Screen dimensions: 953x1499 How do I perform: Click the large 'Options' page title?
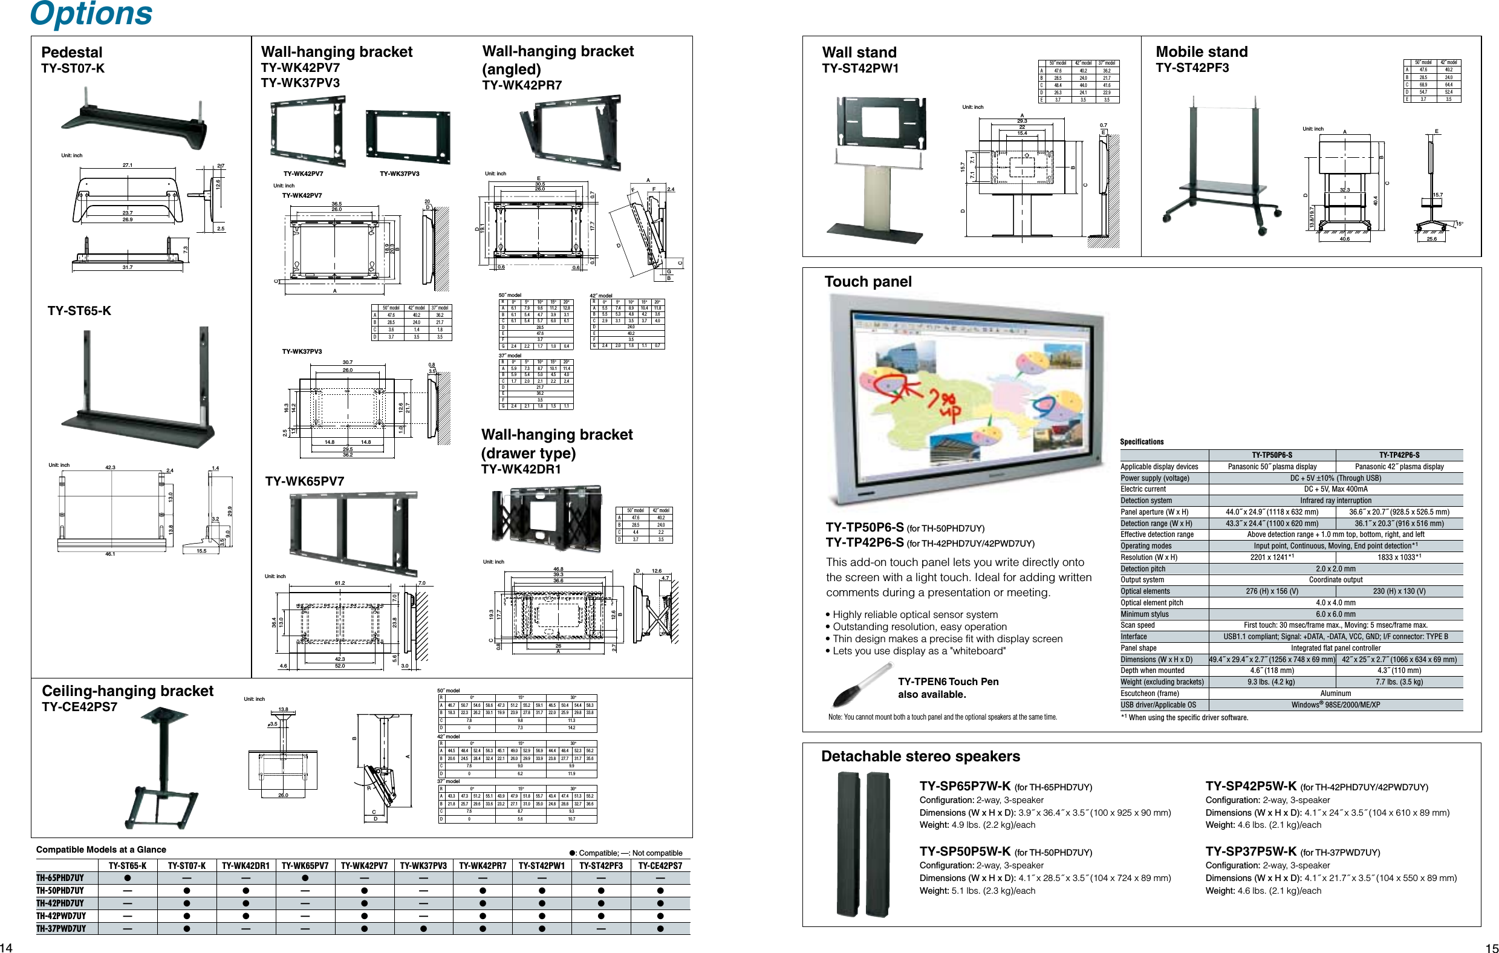click(91, 14)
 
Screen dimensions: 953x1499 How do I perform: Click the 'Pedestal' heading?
click(71, 52)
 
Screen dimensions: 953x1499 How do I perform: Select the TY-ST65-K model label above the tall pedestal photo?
click(79, 311)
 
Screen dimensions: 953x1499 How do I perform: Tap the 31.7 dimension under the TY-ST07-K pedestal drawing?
click(128, 267)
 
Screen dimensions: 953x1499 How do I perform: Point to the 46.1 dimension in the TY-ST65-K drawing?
click(110, 553)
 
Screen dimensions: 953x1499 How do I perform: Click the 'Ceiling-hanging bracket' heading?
click(127, 691)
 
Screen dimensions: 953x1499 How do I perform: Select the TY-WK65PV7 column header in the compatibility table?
click(304, 866)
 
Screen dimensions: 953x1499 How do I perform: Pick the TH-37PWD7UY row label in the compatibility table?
click(61, 929)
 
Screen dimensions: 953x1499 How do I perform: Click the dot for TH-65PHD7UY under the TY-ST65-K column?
click(127, 878)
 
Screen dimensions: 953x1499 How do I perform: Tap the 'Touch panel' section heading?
click(868, 282)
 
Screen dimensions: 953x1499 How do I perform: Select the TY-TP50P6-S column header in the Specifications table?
click(1272, 455)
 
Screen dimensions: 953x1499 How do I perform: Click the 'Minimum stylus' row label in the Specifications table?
click(1144, 614)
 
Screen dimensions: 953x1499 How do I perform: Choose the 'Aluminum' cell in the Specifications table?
click(1335, 694)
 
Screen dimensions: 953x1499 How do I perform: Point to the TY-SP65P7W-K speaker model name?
click(965, 786)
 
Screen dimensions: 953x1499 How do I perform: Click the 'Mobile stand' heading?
click(1201, 51)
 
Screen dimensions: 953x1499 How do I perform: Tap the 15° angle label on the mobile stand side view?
click(1459, 224)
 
